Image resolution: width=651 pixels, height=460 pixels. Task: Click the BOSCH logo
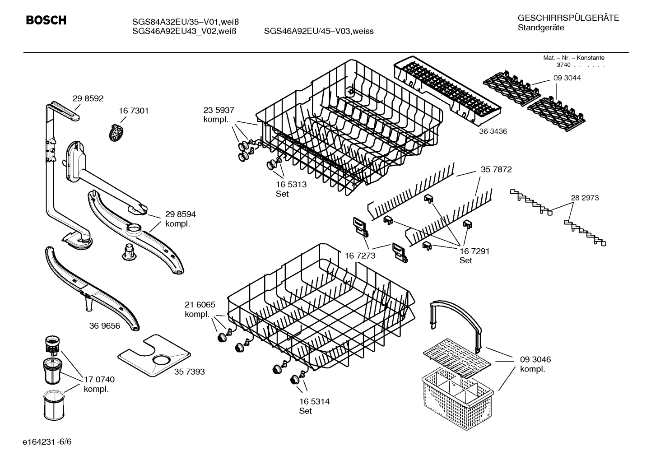[46, 20]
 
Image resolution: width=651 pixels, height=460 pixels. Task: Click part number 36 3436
[493, 131]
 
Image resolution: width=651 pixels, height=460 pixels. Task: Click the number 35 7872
[496, 170]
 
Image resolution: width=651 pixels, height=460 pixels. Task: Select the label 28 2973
[585, 198]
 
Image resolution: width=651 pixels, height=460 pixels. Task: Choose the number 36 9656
[105, 325]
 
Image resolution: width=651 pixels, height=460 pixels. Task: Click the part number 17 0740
[99, 380]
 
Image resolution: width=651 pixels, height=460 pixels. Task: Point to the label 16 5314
[314, 401]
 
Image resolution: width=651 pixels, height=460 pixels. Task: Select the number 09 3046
[535, 360]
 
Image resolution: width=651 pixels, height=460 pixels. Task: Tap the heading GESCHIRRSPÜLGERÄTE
[568, 18]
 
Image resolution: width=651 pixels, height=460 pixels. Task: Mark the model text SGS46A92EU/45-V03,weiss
[319, 31]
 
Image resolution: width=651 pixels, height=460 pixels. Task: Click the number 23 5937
[219, 110]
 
